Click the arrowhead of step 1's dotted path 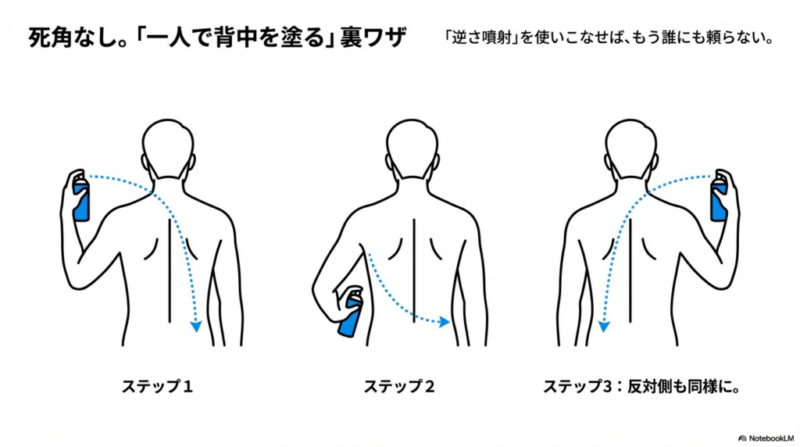196,327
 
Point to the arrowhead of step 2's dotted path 445,322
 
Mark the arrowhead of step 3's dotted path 604,327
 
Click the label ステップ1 157,386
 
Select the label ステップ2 399,386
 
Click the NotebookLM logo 766,438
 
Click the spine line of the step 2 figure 414,270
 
